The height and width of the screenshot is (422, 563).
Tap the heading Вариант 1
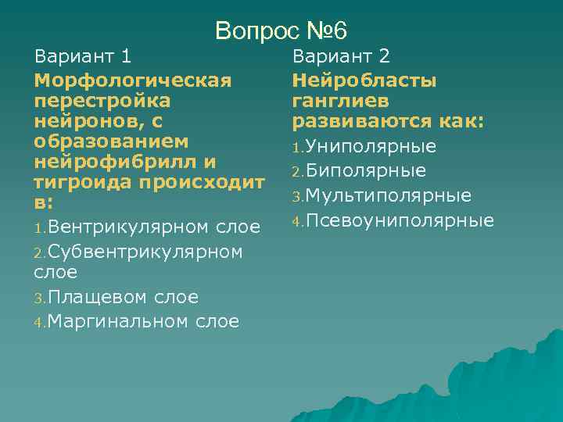click(82, 56)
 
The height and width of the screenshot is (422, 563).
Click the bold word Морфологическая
click(132, 80)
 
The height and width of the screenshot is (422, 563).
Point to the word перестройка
click(102, 101)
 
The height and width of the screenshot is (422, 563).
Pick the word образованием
click(111, 141)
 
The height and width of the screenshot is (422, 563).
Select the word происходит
click(203, 182)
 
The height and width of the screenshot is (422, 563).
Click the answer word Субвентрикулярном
click(146, 252)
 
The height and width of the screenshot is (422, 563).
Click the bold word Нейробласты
click(364, 80)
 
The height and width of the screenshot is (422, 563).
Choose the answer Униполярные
click(371, 147)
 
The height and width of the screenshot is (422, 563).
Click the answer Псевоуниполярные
click(399, 220)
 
